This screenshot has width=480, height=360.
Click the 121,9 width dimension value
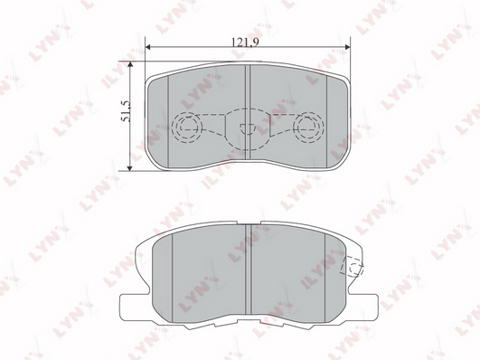coord(245,42)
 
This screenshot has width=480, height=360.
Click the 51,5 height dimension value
coord(127,111)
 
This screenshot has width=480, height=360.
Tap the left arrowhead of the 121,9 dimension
coord(148,47)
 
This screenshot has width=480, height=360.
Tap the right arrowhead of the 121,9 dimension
coord(347,47)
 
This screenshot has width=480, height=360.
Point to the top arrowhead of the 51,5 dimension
coord(130,64)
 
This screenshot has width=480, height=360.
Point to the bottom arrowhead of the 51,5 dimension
coord(130,167)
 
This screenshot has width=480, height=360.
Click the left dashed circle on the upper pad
coord(187,128)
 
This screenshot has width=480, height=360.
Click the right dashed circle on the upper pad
coord(308,128)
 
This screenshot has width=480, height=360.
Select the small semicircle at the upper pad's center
coord(248,129)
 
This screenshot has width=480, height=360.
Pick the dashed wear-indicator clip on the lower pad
coord(352,266)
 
